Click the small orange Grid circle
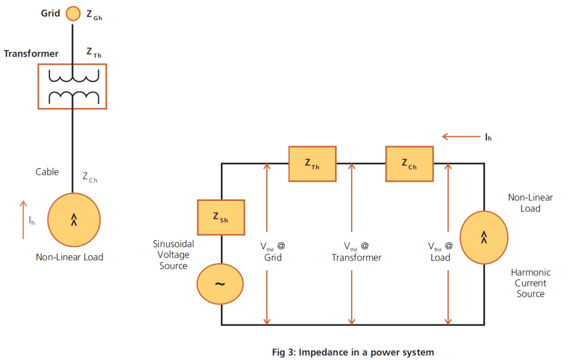coord(73,13)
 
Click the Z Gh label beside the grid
coord(94,15)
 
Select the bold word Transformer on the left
coord(31,54)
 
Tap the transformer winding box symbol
coord(72,86)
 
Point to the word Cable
coord(47,172)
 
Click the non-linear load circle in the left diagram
coord(74,220)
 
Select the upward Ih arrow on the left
coord(23,220)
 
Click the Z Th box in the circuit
coord(312,164)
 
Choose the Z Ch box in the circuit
coord(409,164)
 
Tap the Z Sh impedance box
coord(220,217)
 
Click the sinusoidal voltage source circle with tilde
coord(220,284)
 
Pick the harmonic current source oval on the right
coord(484,238)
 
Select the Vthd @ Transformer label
coord(357,251)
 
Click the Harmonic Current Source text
coord(530,283)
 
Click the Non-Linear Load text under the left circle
coord(70,257)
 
